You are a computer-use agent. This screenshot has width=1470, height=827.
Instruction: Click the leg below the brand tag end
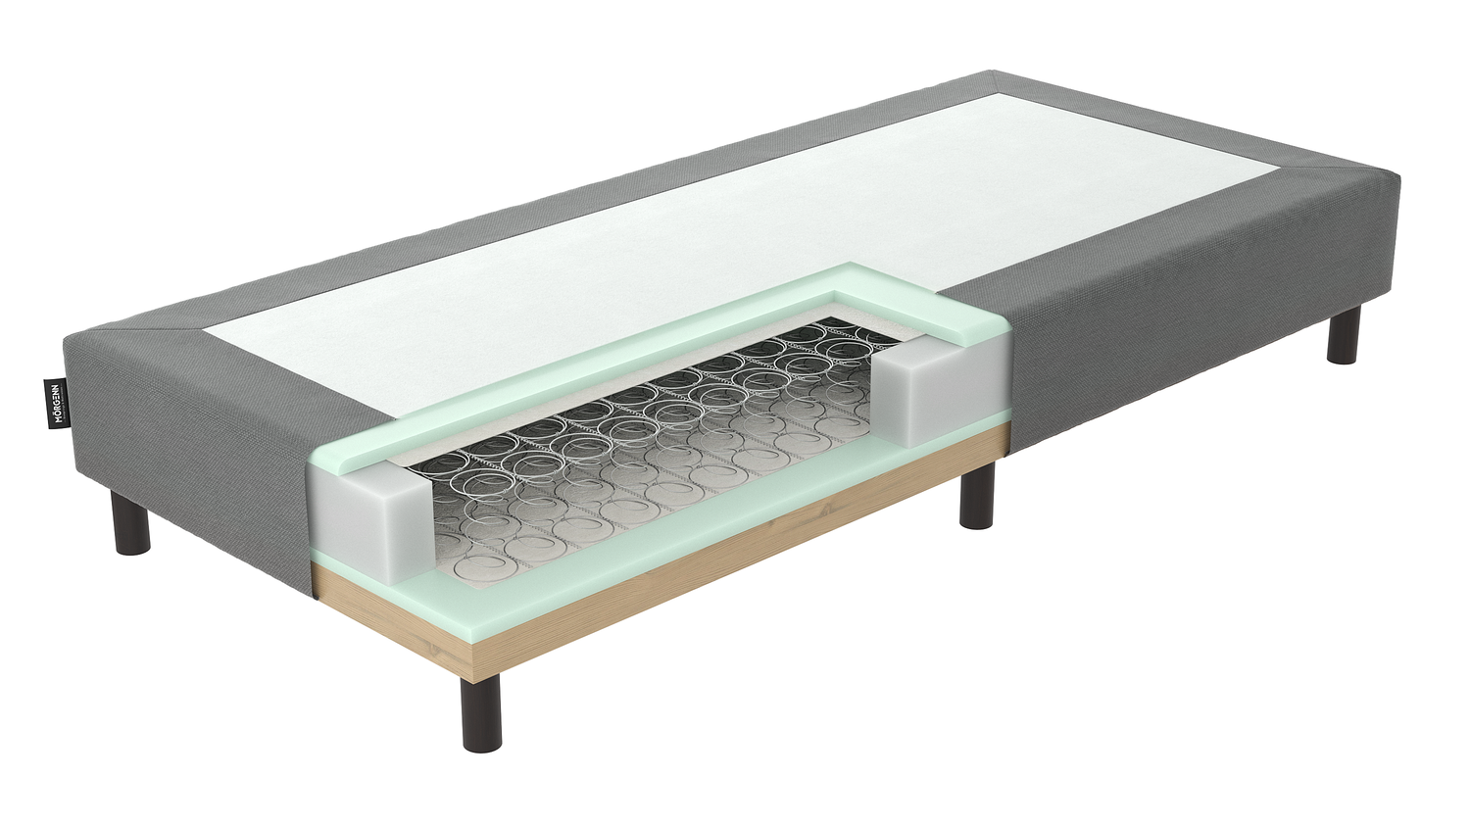point(131,523)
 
